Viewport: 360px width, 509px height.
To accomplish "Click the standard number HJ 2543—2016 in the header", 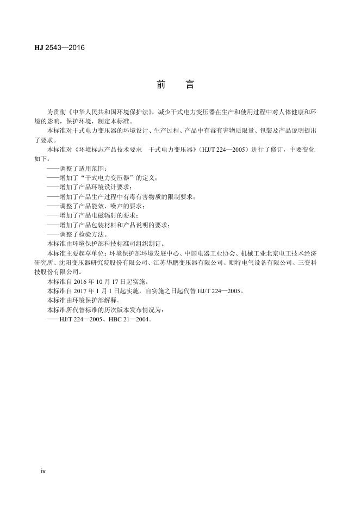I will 59,47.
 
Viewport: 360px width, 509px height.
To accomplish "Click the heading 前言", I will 175,85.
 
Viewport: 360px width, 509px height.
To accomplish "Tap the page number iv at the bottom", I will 44,470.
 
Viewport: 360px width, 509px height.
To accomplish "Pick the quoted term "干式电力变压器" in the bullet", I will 109,177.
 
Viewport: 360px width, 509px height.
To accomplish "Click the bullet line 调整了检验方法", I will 77,234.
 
